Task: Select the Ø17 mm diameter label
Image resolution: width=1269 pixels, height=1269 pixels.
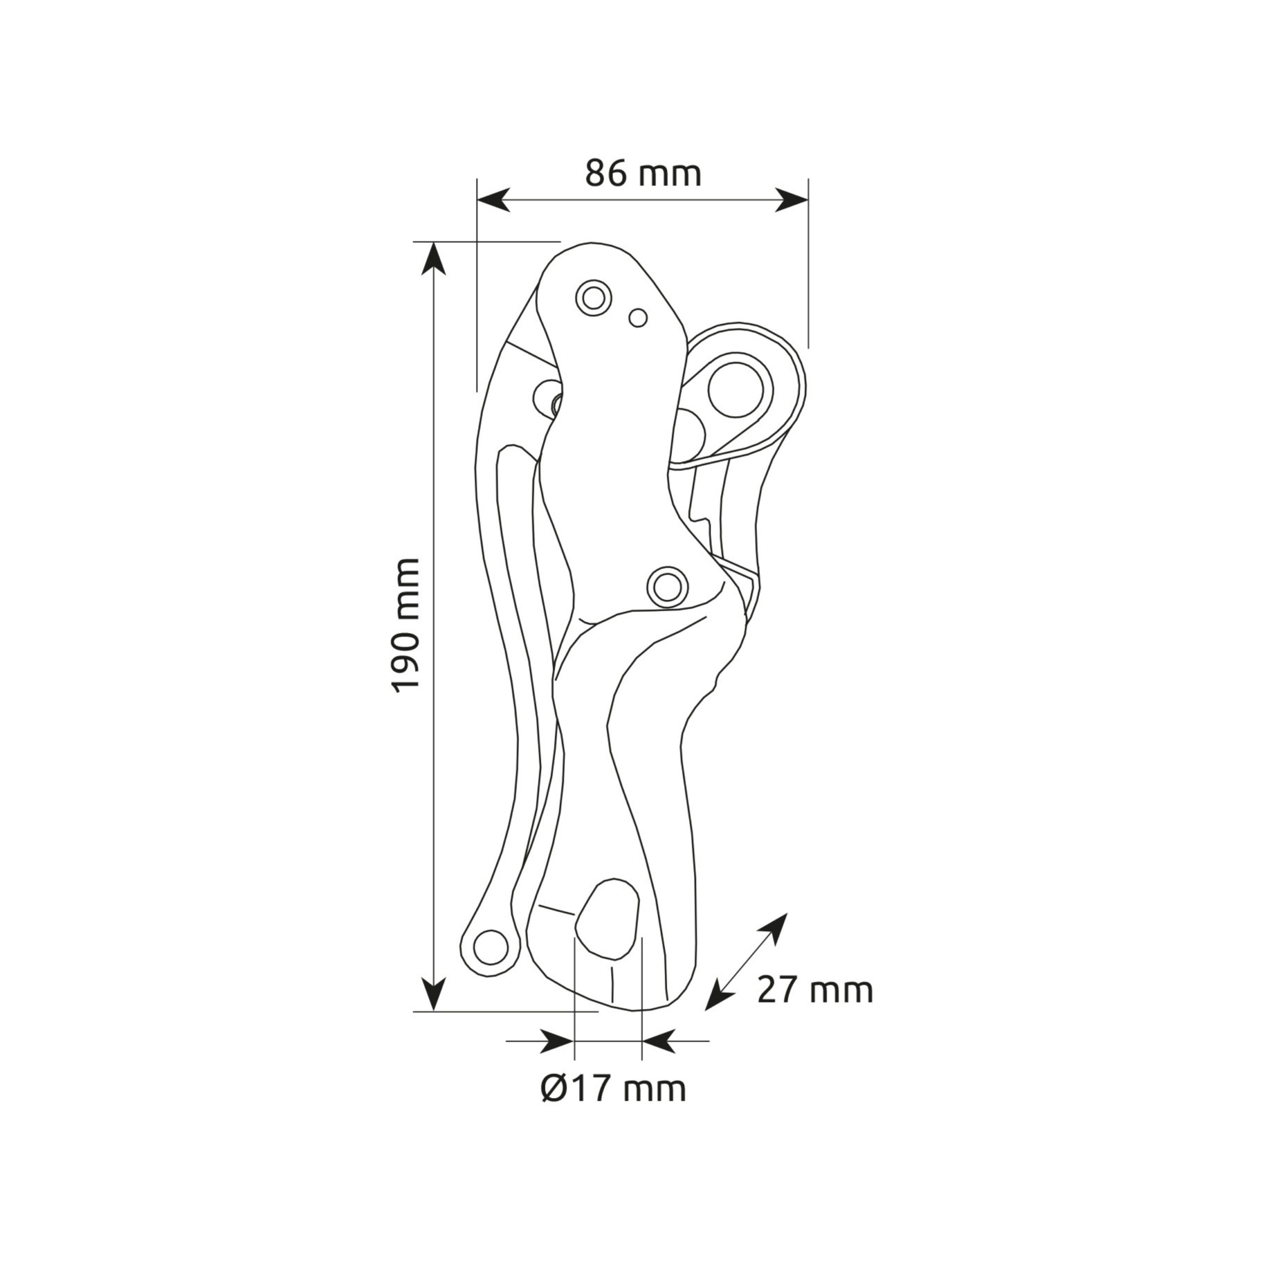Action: pyautogui.click(x=613, y=1089)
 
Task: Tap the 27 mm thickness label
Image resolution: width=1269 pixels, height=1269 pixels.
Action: pyautogui.click(x=815, y=1008)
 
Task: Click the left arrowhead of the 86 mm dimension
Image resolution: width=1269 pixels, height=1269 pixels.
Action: pyautogui.click(x=493, y=200)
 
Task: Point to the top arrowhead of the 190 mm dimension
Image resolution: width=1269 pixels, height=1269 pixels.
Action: pyautogui.click(x=434, y=258)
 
